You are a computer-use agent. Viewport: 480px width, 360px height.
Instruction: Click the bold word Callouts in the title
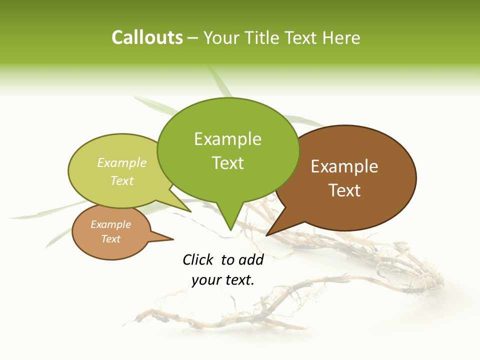click(147, 37)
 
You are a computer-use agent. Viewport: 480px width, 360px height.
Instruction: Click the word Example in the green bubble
click(227, 139)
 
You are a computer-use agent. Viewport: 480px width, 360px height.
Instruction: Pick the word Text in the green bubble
click(228, 163)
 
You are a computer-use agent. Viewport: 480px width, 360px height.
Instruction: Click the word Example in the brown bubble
click(344, 166)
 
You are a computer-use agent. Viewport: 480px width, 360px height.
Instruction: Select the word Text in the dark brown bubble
click(345, 190)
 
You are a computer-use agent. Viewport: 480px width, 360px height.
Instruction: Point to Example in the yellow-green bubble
click(122, 163)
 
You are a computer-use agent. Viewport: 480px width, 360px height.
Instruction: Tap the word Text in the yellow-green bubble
click(122, 181)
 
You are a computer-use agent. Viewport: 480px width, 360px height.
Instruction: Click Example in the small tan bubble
click(111, 225)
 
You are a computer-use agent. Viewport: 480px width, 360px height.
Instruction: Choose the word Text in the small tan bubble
click(111, 239)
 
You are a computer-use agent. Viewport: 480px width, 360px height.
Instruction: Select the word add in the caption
click(251, 259)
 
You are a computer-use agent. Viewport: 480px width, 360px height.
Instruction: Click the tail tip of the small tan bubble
click(173, 239)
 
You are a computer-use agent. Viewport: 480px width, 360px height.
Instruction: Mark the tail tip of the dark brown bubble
click(266, 235)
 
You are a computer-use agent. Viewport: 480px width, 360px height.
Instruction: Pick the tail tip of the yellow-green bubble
click(191, 211)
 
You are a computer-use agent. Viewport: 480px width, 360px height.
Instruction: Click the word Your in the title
click(219, 37)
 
